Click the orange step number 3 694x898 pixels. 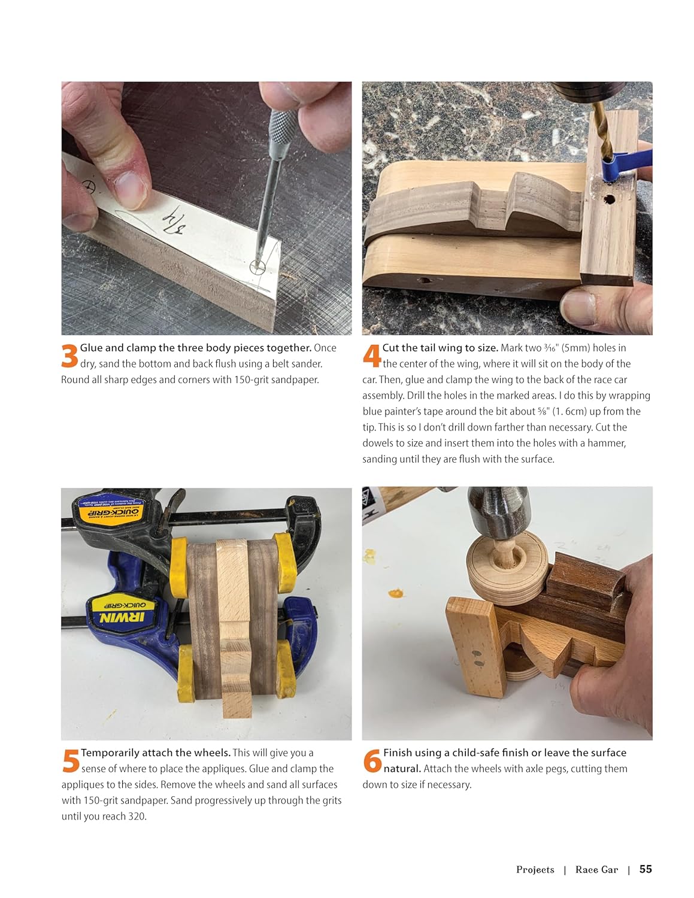pyautogui.click(x=69, y=356)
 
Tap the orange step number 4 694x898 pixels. pyautogui.click(x=372, y=356)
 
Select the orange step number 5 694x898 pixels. pyautogui.click(x=71, y=761)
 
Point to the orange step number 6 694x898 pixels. pyautogui.click(x=372, y=761)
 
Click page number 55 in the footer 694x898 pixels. pyautogui.click(x=645, y=869)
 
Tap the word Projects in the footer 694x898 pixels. pyautogui.click(x=535, y=869)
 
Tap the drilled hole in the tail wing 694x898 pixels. pyautogui.click(x=608, y=200)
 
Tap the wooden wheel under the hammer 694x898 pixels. pyautogui.click(x=508, y=567)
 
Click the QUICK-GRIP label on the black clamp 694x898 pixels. pyautogui.click(x=109, y=514)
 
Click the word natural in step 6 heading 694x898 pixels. pyautogui.click(x=402, y=769)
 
